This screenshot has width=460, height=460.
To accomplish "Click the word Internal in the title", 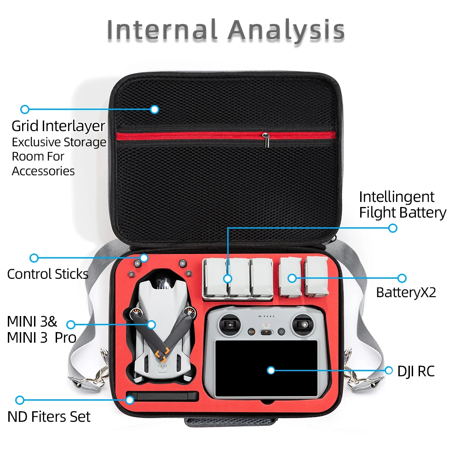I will click(x=162, y=30).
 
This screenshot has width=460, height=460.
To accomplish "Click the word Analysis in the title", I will click(x=286, y=30).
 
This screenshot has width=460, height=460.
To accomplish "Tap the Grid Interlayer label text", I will click(x=58, y=126).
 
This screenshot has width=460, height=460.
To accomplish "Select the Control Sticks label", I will click(x=47, y=274).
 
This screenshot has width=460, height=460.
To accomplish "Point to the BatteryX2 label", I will click(x=406, y=292).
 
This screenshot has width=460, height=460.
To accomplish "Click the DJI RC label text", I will click(x=416, y=371).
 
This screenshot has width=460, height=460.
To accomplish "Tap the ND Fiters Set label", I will click(x=49, y=417).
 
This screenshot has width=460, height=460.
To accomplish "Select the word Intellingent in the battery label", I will click(x=397, y=197).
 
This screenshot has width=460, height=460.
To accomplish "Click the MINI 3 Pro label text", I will click(x=41, y=337).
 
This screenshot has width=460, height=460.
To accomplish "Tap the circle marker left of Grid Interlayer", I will click(x=25, y=109).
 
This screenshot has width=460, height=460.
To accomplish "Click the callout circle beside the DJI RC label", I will click(x=389, y=370).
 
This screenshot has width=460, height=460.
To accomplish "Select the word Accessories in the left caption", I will click(x=43, y=171).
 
